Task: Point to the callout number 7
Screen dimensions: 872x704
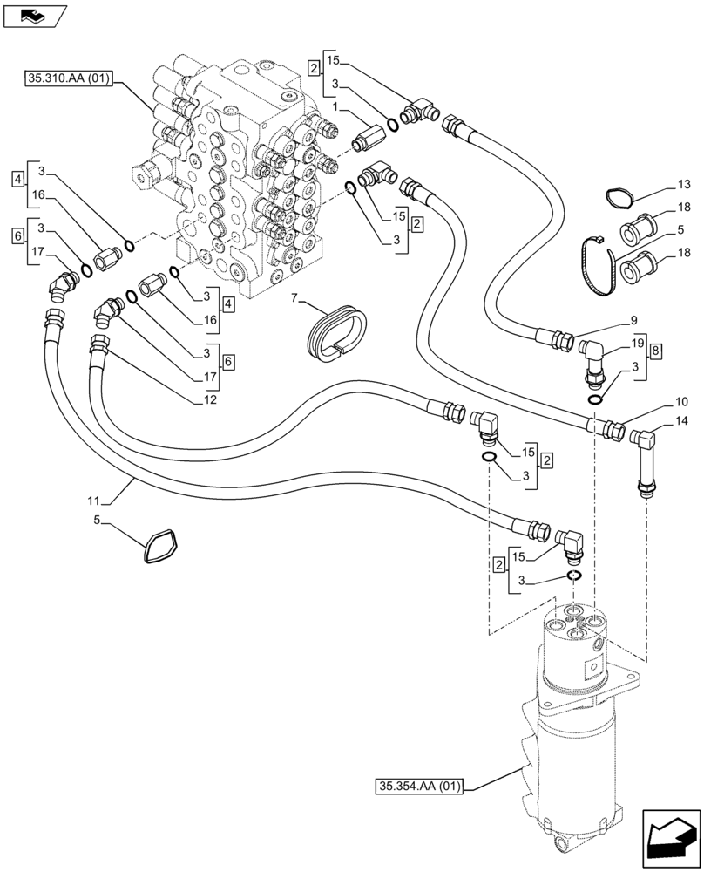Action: tap(295, 299)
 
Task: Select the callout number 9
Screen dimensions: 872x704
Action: tap(633, 319)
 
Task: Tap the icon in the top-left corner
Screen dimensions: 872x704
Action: tap(34, 15)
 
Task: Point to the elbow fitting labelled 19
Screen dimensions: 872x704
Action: tap(591, 357)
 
